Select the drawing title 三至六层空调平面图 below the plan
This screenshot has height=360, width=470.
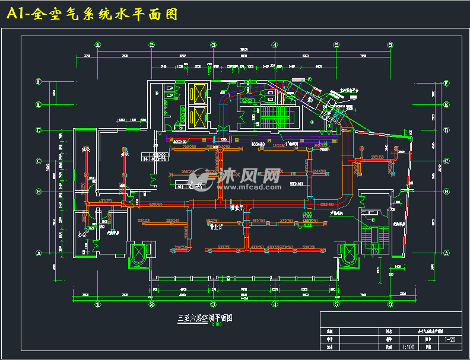[205, 318]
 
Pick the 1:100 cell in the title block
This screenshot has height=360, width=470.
[408, 348]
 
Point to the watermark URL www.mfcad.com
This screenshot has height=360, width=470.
[250, 186]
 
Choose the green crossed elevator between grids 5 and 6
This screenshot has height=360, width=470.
[347, 253]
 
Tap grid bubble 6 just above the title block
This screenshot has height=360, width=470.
[390, 304]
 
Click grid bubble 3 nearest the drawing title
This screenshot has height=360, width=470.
[212, 304]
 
